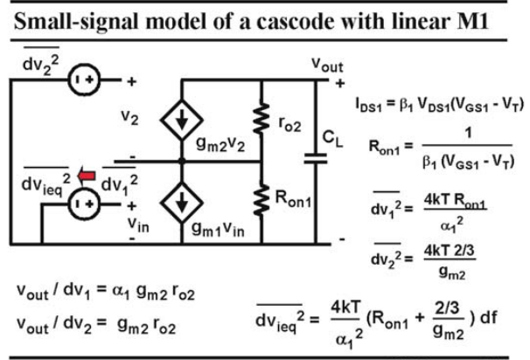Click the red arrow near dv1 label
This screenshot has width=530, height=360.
click(x=87, y=176)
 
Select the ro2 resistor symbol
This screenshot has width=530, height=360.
click(x=262, y=119)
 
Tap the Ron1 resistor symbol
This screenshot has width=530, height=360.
click(x=262, y=200)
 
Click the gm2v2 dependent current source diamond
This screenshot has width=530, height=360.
click(x=182, y=120)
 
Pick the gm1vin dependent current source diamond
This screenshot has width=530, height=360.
click(x=182, y=203)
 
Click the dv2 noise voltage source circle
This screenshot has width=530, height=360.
click(x=84, y=80)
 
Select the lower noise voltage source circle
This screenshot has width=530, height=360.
click(x=84, y=204)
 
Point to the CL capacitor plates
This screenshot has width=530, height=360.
click(x=316, y=158)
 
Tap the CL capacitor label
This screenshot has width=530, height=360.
click(x=332, y=138)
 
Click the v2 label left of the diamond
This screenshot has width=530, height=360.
click(x=129, y=117)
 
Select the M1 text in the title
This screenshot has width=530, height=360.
click(x=472, y=21)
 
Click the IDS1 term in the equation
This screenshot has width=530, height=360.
click(x=368, y=104)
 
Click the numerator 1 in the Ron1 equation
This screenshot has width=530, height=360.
click(x=468, y=133)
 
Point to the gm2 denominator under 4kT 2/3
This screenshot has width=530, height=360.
click(x=452, y=272)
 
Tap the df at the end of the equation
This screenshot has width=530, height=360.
click(x=488, y=317)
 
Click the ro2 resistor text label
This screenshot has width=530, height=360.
click(x=289, y=125)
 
